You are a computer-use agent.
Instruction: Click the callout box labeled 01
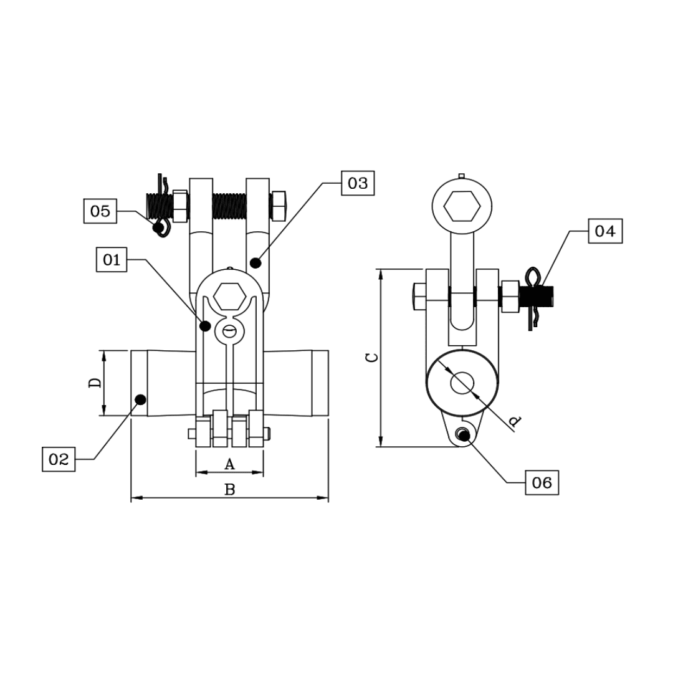[x=112, y=259]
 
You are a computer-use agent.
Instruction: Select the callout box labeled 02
[x=59, y=459]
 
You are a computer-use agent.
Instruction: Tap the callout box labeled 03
[x=358, y=183]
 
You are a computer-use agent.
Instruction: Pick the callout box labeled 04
[x=605, y=231]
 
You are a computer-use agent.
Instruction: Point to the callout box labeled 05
[x=100, y=211]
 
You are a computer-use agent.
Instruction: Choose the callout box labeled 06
[x=542, y=482]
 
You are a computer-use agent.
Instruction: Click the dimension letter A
[x=229, y=464]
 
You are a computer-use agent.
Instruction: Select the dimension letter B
[x=229, y=490]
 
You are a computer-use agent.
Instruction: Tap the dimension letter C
[x=371, y=357]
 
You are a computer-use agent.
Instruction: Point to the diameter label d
[x=515, y=422]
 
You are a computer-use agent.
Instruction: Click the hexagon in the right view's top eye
[x=462, y=205]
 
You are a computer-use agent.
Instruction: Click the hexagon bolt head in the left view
[x=229, y=295]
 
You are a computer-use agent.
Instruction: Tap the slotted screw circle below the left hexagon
[x=229, y=331]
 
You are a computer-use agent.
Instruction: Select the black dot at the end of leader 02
[x=140, y=399]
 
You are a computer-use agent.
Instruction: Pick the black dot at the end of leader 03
[x=255, y=263]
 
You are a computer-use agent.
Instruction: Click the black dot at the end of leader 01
[x=204, y=325]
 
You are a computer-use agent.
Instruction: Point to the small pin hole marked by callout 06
[x=462, y=435]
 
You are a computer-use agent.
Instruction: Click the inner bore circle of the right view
[x=462, y=383]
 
